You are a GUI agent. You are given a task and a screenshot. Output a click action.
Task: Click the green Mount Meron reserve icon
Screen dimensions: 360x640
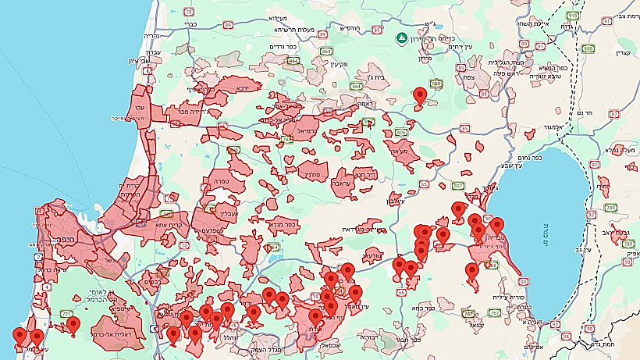coord(400,37)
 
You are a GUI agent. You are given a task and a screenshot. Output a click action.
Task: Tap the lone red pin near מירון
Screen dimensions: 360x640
coord(420,95)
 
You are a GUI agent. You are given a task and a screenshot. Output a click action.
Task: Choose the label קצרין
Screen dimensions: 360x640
coord(621,52)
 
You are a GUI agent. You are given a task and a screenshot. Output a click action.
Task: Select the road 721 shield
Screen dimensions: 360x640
coord(66,313)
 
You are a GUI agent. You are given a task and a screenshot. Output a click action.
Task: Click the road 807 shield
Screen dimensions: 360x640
coord(457,185)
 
